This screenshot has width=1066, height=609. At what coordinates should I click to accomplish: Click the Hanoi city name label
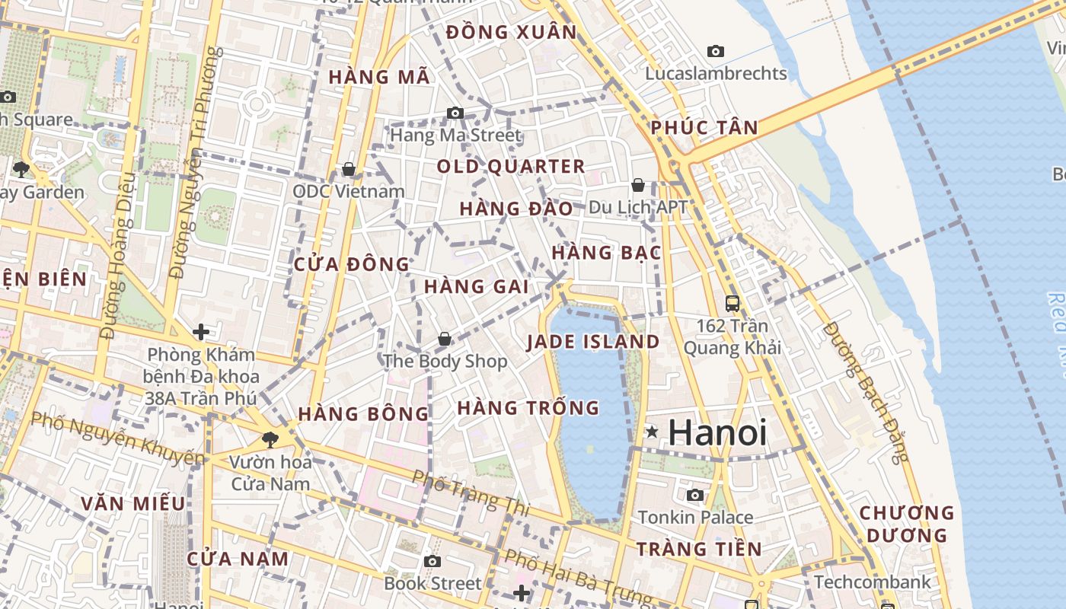(x=717, y=432)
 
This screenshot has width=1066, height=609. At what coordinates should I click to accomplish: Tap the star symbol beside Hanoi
(x=652, y=432)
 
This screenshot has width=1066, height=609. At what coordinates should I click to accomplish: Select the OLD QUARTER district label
(x=511, y=166)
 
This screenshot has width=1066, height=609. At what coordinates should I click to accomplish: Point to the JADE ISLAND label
(x=593, y=342)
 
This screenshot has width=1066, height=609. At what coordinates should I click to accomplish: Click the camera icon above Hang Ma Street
(x=455, y=113)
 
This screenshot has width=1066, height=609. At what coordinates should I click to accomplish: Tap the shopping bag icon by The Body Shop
(x=445, y=339)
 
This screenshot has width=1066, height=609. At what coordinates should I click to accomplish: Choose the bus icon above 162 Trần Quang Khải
(x=732, y=304)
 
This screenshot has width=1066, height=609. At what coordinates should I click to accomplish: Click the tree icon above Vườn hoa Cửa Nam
(x=270, y=439)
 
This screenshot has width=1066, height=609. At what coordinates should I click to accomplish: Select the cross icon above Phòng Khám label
(x=201, y=332)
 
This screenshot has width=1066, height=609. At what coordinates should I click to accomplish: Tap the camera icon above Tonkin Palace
(x=694, y=496)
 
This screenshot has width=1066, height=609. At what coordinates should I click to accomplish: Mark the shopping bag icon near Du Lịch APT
(x=638, y=185)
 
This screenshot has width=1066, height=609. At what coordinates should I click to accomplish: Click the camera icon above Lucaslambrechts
(x=716, y=51)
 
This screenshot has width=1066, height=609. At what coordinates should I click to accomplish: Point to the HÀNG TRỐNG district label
(x=528, y=408)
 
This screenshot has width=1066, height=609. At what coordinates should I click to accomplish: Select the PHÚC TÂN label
(x=704, y=128)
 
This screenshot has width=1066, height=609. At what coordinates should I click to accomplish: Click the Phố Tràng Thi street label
(x=460, y=490)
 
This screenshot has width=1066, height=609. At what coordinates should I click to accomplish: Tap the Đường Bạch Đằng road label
(x=867, y=393)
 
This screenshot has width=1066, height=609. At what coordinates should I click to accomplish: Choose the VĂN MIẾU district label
(x=132, y=503)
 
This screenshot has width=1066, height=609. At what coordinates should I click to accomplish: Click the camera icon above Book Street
(x=432, y=562)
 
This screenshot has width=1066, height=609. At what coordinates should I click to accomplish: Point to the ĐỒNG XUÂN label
(x=512, y=33)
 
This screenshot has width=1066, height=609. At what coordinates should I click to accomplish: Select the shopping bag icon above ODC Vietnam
(x=349, y=168)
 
